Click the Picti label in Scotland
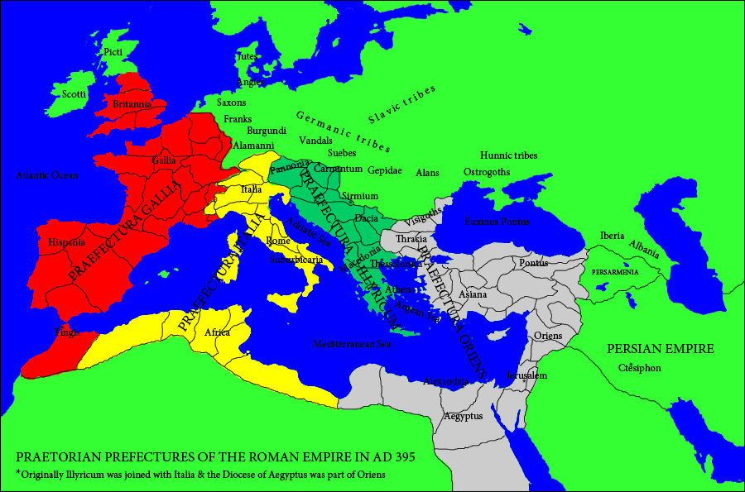pyautogui.click(x=113, y=52)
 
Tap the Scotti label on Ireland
pyautogui.click(x=74, y=94)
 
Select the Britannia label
pyautogui.click(x=132, y=104)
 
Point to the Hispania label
pyautogui.click(x=67, y=243)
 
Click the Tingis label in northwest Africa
pyautogui.click(x=68, y=332)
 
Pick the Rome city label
pyautogui.click(x=277, y=241)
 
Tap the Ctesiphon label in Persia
pyautogui.click(x=639, y=368)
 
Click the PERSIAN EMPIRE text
pyautogui.click(x=660, y=349)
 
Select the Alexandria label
pyautogui.click(x=446, y=381)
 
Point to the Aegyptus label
pyautogui.click(x=463, y=417)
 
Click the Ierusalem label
pyautogui.click(x=527, y=375)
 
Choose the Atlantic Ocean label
pyautogui.click(x=46, y=175)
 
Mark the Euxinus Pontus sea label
pyautogui.click(x=497, y=222)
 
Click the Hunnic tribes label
pyautogui.click(x=508, y=155)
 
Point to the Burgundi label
pyautogui.click(x=267, y=131)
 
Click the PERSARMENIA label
pyautogui.click(x=615, y=272)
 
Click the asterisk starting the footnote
pyautogui.click(x=18, y=473)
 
